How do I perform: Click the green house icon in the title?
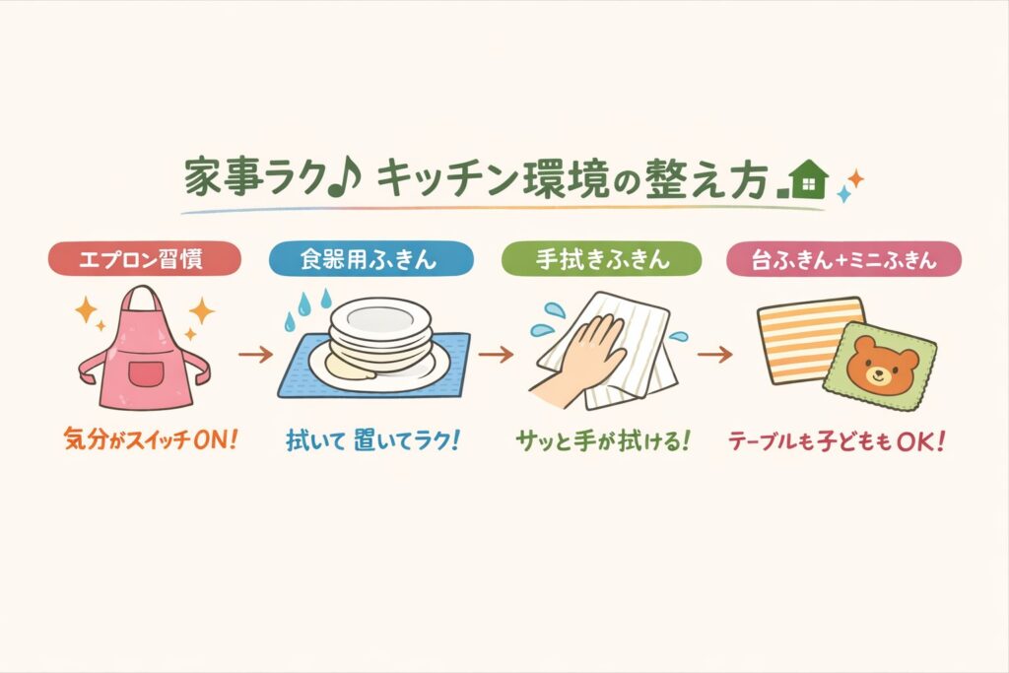808,179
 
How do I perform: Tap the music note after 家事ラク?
345,178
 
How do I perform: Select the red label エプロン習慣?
145,258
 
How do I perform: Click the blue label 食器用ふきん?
371,258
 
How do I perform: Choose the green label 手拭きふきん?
602,258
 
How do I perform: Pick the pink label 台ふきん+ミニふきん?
843,258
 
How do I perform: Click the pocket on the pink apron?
146,373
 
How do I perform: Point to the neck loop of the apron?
143,302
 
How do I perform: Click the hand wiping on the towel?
579,361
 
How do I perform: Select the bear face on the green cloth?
882,367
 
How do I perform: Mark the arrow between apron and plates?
255,354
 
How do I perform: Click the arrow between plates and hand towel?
496,354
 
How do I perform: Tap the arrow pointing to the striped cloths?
715,354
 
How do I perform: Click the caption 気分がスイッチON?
151,440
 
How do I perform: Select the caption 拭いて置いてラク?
373,440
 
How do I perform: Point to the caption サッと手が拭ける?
603,441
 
